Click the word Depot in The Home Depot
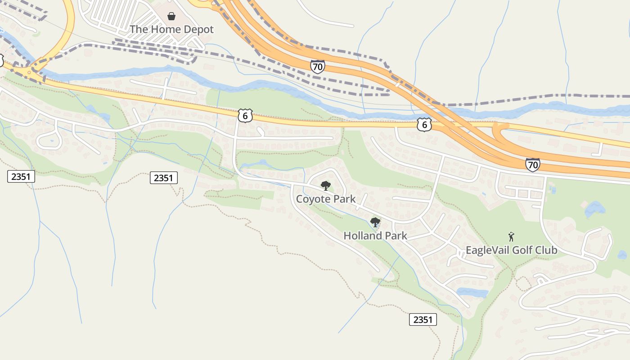click(x=197, y=30)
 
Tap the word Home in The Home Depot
click(x=163, y=30)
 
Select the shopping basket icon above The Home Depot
click(x=171, y=17)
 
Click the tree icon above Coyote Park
click(x=325, y=185)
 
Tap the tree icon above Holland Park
click(x=375, y=222)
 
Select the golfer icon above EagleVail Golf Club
click(x=511, y=237)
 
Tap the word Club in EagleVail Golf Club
click(x=547, y=250)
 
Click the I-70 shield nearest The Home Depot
click(x=317, y=67)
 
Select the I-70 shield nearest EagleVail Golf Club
click(x=532, y=165)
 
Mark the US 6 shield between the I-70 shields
click(x=424, y=125)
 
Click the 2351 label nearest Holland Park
click(x=423, y=320)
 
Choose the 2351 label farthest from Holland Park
click(x=21, y=176)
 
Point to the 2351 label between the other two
click(x=163, y=178)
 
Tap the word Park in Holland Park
click(x=395, y=235)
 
